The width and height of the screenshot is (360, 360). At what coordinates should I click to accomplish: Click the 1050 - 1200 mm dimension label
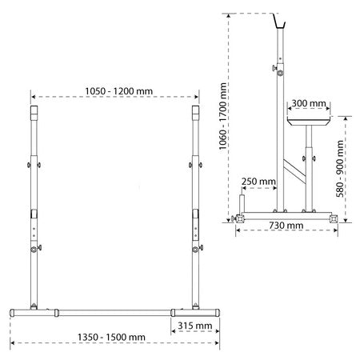[x=119, y=91]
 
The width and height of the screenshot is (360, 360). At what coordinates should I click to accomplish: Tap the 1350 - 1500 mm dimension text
[x=111, y=338]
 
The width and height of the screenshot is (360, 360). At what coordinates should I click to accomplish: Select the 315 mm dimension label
[x=195, y=326]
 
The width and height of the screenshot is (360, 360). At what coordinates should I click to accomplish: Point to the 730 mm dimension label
[x=286, y=226]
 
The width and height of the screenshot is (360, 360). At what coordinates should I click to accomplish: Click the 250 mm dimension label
[x=258, y=182]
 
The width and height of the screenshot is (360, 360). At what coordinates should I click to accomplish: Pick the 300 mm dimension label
[x=309, y=103]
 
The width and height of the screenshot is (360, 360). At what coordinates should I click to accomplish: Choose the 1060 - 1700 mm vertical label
[x=222, y=116]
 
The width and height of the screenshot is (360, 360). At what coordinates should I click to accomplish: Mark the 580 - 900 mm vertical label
[x=340, y=169]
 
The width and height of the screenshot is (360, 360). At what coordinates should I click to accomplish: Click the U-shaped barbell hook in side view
[x=279, y=22]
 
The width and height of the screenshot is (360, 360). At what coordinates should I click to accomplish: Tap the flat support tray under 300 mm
[x=309, y=122]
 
